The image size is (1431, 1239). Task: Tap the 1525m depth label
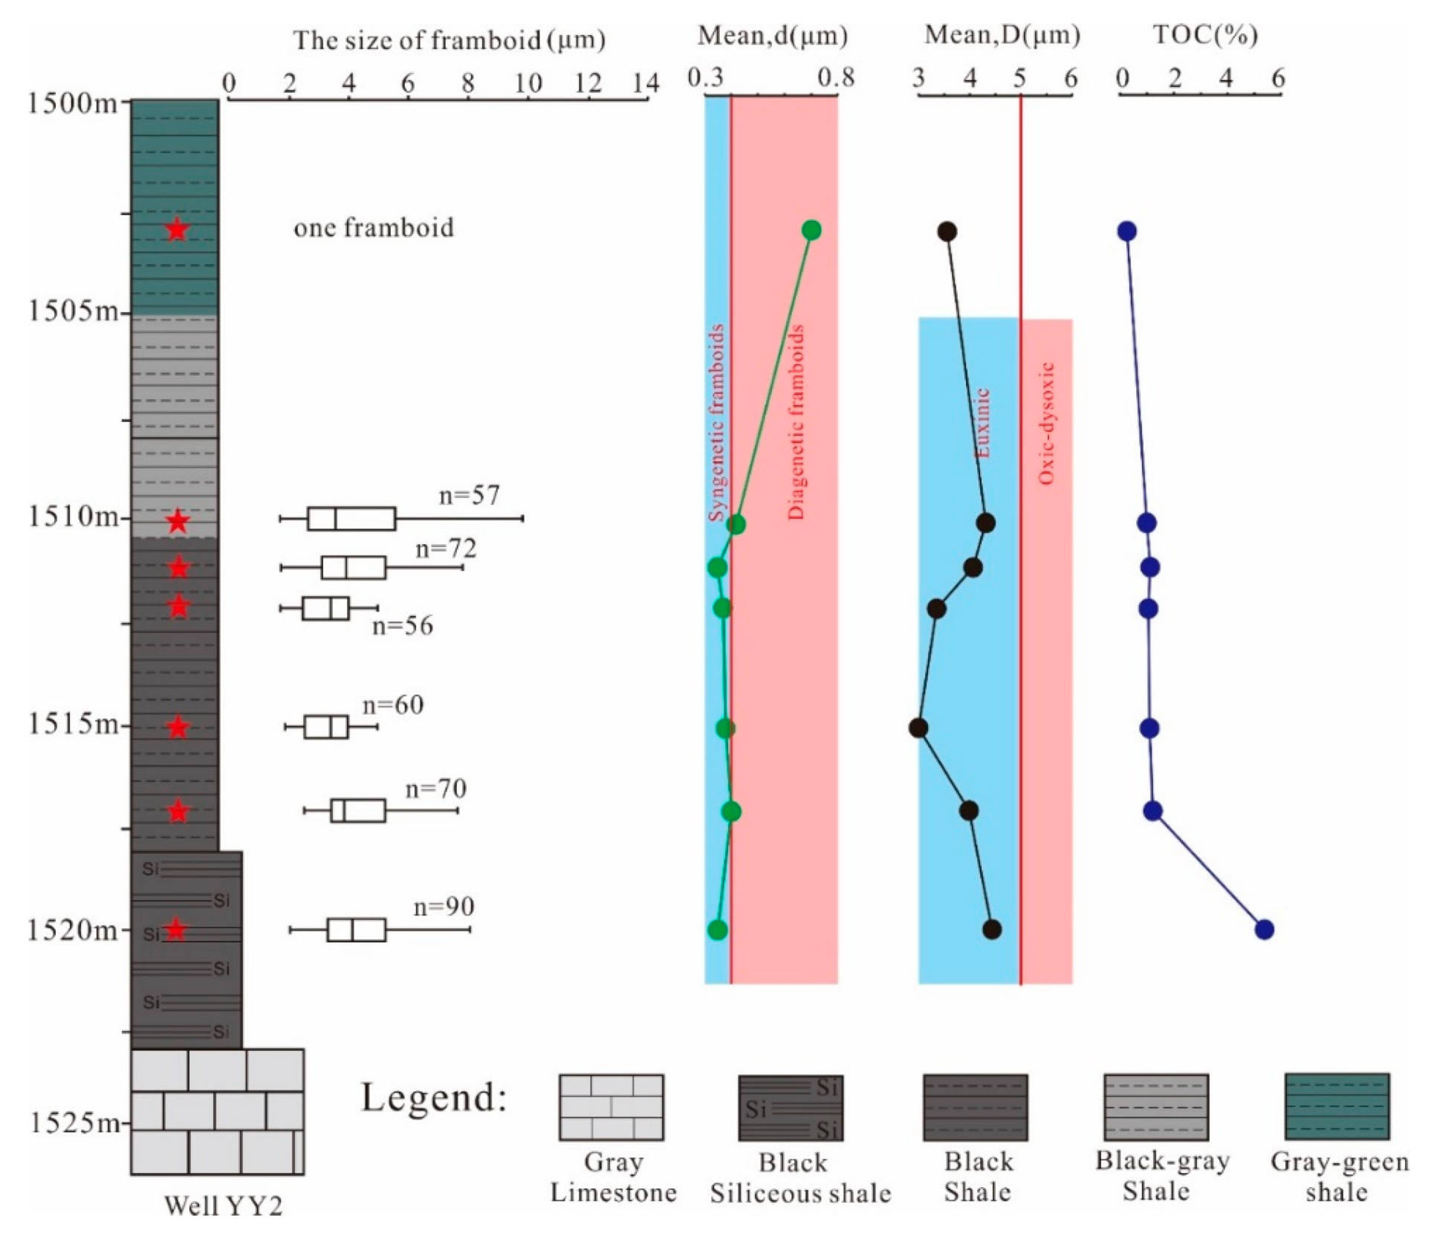(x=73, y=1122)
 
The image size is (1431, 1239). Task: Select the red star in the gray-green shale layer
(x=176, y=230)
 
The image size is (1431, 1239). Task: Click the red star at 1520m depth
(x=175, y=929)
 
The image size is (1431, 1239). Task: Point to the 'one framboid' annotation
(x=373, y=227)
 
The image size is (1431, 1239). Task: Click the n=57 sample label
(x=469, y=495)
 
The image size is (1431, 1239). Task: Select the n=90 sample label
(x=444, y=906)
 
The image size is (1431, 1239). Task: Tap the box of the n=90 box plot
(x=357, y=930)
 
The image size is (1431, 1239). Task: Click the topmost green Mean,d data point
(x=811, y=230)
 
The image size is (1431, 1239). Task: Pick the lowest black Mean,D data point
(x=991, y=929)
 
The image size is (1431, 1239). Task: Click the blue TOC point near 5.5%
(x=1264, y=929)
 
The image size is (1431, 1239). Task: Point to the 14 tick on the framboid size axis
(x=646, y=83)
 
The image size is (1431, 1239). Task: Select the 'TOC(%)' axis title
(x=1204, y=35)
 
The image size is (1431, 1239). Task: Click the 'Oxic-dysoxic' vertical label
(x=1046, y=424)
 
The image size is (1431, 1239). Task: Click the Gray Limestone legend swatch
(x=611, y=1107)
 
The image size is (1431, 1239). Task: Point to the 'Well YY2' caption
(x=223, y=1206)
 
